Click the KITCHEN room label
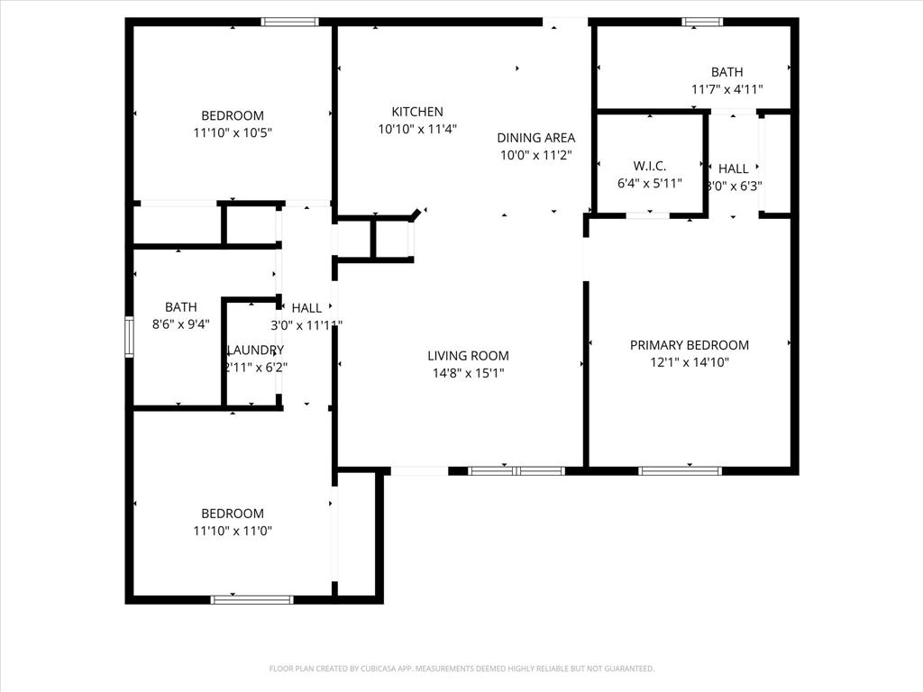coord(416,112)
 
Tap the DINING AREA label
coord(535,138)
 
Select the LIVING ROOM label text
coord(468,356)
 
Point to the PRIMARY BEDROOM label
coord(689,345)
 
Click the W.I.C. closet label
coord(649,166)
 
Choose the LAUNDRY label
coord(255,350)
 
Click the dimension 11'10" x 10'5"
coord(233,132)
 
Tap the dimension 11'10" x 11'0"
coord(233,531)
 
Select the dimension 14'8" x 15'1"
coord(468,372)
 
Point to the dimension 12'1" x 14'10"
coord(689,362)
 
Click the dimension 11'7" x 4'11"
coord(727,89)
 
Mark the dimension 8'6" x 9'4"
coord(180,324)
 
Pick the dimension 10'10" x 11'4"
coord(416,129)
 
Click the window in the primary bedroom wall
coord(681,470)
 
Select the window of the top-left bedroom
coord(289,22)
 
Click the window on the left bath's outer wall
coord(130,337)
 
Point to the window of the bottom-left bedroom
coord(251,599)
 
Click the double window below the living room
coord(516,470)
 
